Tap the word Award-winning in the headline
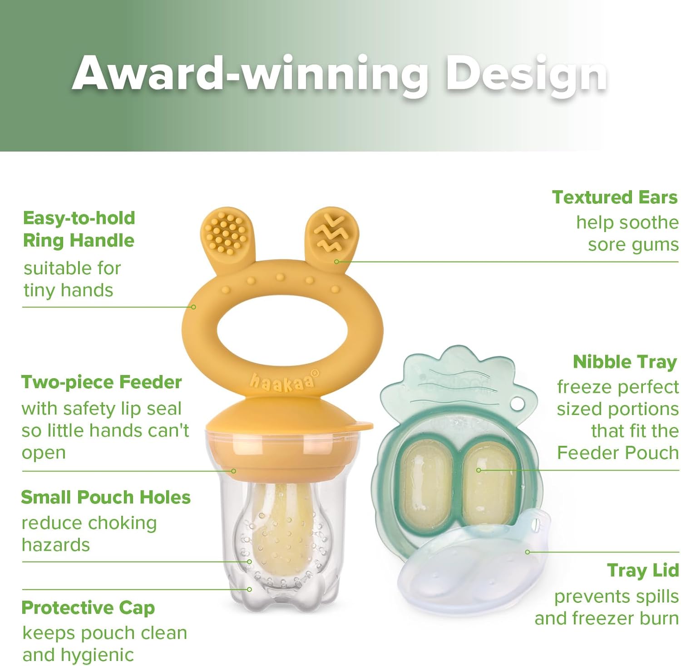click(x=250, y=73)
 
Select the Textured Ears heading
click(x=615, y=197)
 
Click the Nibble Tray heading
click(x=625, y=362)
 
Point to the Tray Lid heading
click(x=643, y=571)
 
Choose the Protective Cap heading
click(x=88, y=607)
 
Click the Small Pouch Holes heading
click(x=106, y=497)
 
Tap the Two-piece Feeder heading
click(x=101, y=382)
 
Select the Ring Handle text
click(x=79, y=241)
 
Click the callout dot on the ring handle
click(x=193, y=307)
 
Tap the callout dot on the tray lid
click(x=528, y=552)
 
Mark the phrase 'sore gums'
click(x=633, y=245)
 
